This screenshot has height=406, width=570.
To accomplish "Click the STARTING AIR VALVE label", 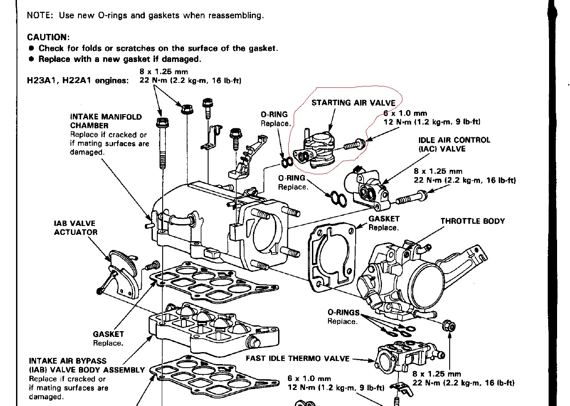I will pyautogui.click(x=353, y=103).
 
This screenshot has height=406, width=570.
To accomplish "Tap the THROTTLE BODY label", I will pyautogui.click(x=472, y=221).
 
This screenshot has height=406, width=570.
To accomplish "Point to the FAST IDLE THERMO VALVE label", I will pyautogui.click(x=298, y=358).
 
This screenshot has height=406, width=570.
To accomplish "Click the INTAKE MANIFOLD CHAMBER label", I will pyautogui.click(x=106, y=121).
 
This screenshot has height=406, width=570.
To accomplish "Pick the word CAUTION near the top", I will pyautogui.click(x=48, y=37).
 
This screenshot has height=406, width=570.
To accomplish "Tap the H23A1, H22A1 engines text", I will pyautogui.click(x=78, y=81).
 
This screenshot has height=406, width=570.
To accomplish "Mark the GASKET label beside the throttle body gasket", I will pyautogui.click(x=384, y=223).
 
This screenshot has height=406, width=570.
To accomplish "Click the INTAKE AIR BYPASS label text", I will pyautogui.click(x=67, y=361).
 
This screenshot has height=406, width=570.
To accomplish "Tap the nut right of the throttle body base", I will pyautogui.click(x=449, y=326).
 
